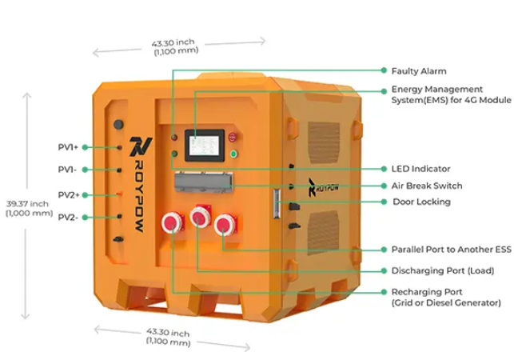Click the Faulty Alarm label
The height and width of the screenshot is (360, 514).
(x=418, y=71)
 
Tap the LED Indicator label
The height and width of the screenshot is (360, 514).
(x=420, y=169)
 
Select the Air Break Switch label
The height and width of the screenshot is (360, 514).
(x=427, y=186)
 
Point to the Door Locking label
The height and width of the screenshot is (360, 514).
(x=421, y=202)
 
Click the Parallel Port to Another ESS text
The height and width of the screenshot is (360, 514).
(x=451, y=250)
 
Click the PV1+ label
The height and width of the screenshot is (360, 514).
(x=68, y=147)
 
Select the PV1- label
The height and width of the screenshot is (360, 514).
(x=67, y=170)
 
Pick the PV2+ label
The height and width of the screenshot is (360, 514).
(x=68, y=194)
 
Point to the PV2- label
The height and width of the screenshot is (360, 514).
(x=67, y=217)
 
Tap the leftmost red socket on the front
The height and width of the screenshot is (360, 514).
(x=172, y=223)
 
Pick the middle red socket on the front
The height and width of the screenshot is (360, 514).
(x=199, y=218)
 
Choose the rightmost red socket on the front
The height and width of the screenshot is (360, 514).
(x=225, y=224)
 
